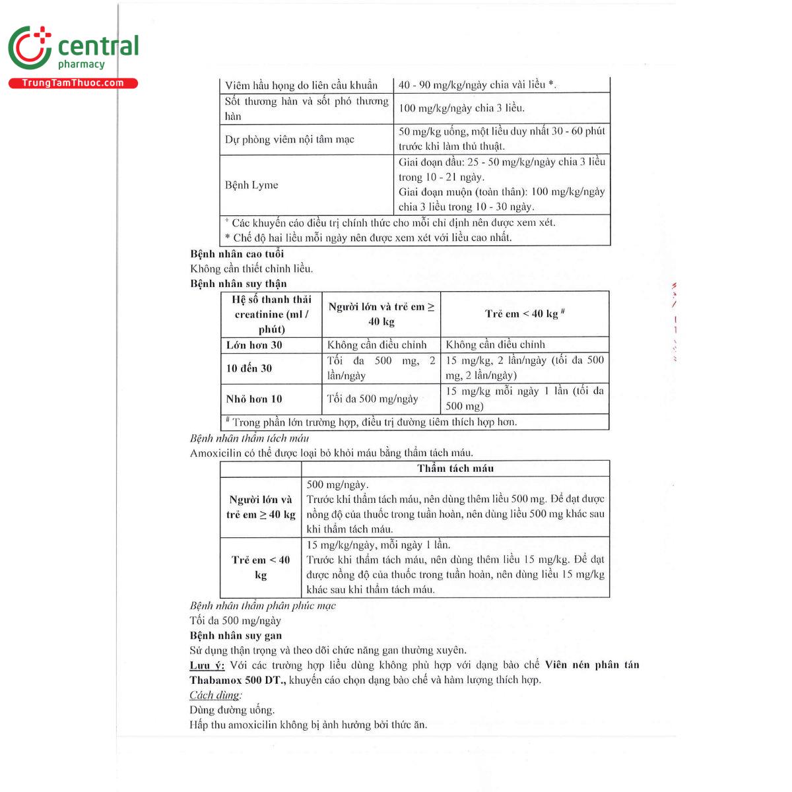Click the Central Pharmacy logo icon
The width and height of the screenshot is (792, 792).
pos(30,48)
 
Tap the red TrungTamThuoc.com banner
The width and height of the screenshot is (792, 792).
pos(73,83)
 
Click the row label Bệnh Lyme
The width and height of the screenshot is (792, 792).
pos(251,185)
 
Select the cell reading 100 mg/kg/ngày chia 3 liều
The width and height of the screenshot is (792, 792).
pos(461,108)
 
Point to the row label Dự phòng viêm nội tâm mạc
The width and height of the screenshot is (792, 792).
pos(289,139)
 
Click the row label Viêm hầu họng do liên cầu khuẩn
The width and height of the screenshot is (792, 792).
pos(301,85)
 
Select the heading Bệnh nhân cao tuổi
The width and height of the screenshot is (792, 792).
pos(237,254)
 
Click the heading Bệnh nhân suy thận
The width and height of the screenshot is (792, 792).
pos(238,284)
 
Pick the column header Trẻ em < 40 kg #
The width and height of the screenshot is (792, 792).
pos(525,314)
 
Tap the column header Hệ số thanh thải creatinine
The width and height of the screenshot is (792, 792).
pos(271,314)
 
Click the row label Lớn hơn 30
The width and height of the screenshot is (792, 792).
pos(254,345)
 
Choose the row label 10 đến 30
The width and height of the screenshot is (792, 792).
pos(249,368)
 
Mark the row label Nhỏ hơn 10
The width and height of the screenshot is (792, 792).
pos(254,399)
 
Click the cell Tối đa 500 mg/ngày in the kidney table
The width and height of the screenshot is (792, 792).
pos(372,399)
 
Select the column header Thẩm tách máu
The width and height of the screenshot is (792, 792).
pos(455,469)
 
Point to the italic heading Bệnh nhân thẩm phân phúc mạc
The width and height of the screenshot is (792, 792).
pos(263,606)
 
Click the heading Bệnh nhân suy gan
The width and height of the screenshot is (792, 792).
pos(236,636)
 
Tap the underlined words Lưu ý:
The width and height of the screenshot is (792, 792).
pos(207,665)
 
